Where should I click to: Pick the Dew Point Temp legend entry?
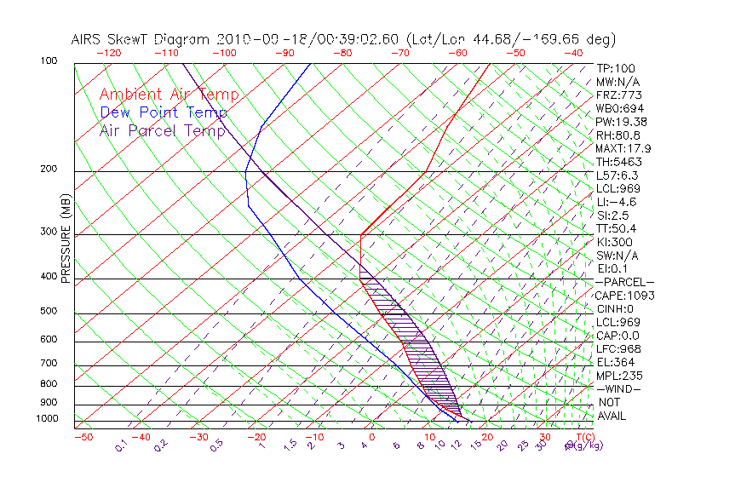[164, 112]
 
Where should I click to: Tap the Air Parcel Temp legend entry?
[163, 130]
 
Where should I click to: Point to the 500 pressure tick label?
[49, 312]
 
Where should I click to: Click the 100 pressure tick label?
[49, 61]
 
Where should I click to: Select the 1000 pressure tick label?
[47, 419]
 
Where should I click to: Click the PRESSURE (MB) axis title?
[66, 238]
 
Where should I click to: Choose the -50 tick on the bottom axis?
[83, 437]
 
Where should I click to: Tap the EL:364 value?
[616, 362]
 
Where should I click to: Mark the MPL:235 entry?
[619, 376]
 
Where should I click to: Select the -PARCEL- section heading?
[624, 282]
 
